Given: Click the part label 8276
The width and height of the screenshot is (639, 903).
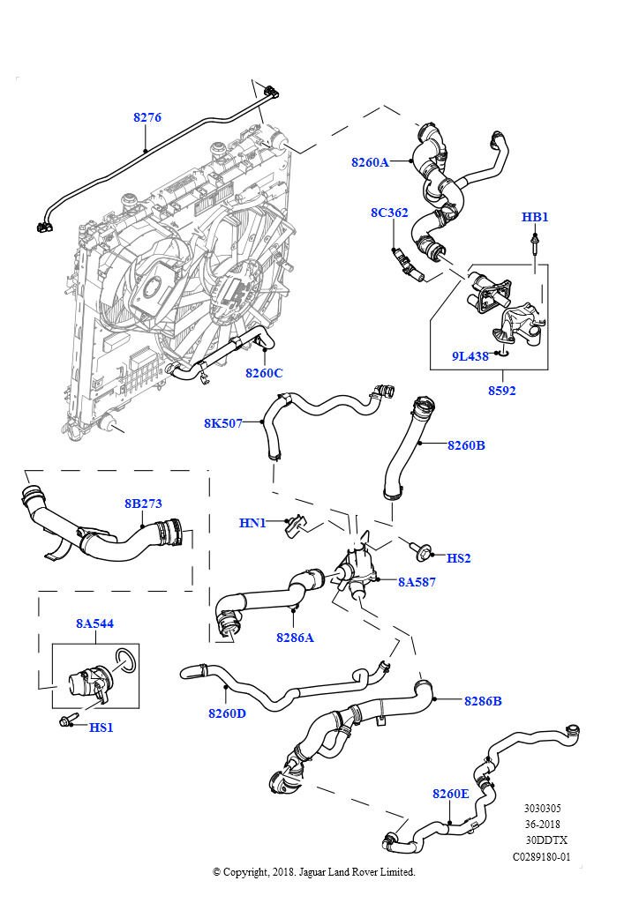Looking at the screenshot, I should click(x=147, y=117).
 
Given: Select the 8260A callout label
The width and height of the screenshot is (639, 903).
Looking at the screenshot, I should click(x=370, y=162).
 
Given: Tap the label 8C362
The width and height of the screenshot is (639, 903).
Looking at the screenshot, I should click(x=389, y=213).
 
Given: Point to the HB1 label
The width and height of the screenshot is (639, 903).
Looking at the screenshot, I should click(x=535, y=217).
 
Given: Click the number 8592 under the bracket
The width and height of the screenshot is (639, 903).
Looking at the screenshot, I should click(x=501, y=391).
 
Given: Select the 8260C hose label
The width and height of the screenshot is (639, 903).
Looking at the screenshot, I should click(x=264, y=373).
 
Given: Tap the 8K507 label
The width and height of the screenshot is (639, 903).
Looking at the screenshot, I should click(x=223, y=423).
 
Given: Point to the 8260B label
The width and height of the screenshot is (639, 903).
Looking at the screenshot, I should click(x=466, y=445).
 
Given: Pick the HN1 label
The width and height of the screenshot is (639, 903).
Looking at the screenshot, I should click(x=252, y=523).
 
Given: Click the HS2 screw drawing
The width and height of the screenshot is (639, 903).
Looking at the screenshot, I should click(x=422, y=553).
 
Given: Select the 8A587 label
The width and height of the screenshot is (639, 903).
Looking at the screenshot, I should click(x=417, y=582).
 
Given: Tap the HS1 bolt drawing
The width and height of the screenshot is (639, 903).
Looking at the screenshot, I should click(x=67, y=722).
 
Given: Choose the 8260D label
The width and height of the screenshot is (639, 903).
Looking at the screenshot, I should click(x=227, y=713).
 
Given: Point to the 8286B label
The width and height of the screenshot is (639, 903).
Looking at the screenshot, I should click(x=483, y=701).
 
